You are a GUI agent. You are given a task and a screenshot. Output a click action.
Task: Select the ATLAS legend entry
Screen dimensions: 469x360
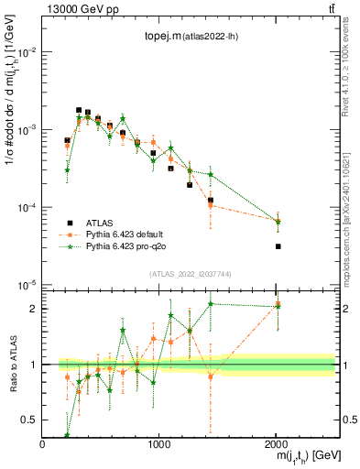coord(101,223)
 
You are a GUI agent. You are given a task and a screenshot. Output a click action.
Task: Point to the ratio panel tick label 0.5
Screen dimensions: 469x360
coord(31,420)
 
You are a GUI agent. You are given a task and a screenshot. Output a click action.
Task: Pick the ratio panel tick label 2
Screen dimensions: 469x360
coord(35,309)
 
